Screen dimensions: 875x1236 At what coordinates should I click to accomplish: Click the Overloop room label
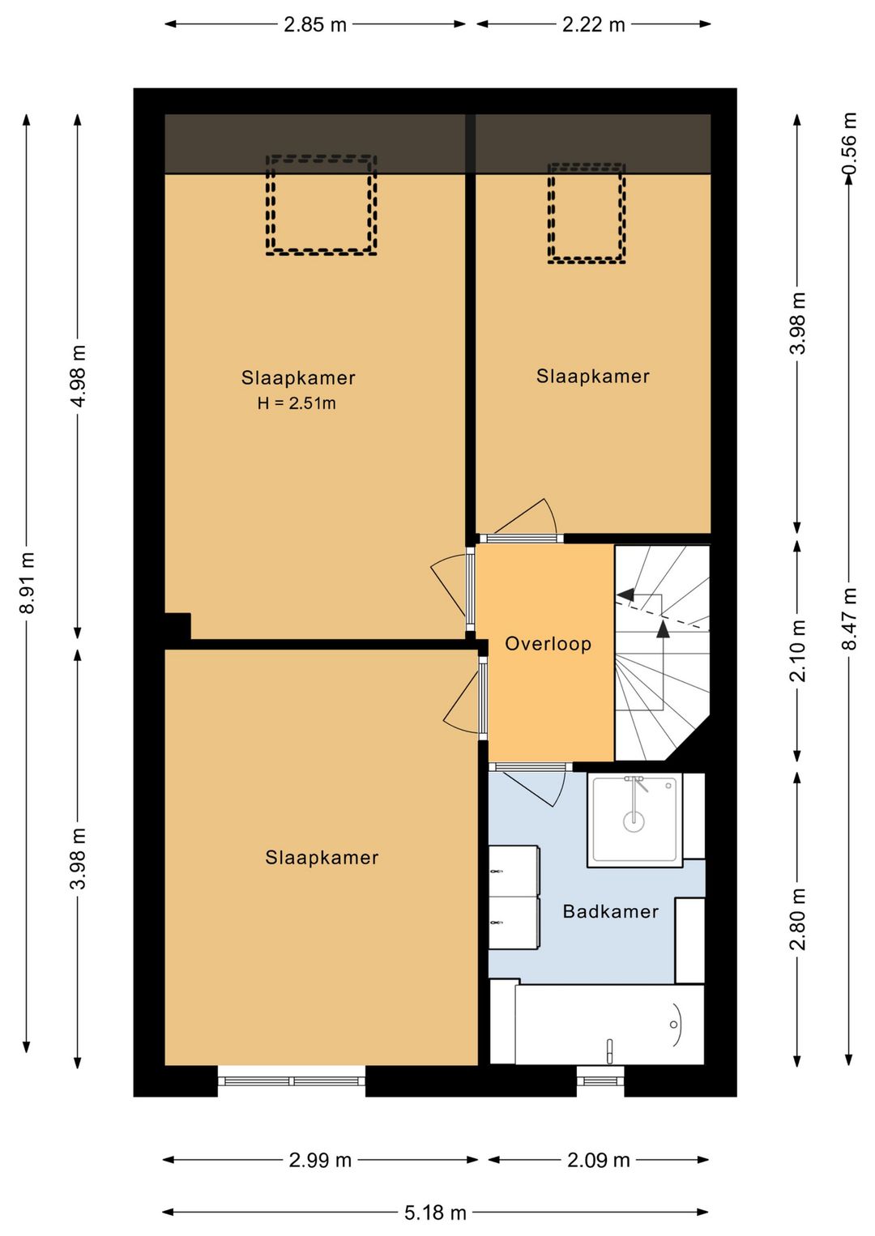point(548,643)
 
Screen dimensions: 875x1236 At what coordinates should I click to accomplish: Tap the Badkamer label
point(611,911)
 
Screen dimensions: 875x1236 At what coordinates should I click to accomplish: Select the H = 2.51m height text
point(297,403)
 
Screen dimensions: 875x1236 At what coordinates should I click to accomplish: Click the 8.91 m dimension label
point(27,582)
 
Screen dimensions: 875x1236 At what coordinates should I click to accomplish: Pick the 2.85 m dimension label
point(314,25)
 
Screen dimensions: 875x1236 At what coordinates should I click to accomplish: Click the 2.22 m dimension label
point(593,25)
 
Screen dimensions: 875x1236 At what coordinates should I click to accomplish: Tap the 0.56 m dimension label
point(850,143)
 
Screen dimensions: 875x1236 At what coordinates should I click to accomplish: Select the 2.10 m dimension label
point(798,651)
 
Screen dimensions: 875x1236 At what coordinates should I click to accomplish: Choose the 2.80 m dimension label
point(798,918)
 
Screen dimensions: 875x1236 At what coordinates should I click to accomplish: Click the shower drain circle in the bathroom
point(634,821)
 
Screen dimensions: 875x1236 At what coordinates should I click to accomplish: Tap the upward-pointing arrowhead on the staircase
point(663,629)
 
